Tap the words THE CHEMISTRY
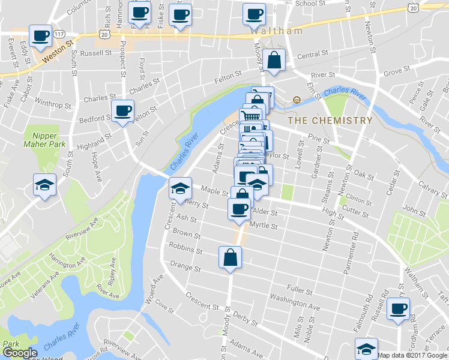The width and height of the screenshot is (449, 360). pos(330,121)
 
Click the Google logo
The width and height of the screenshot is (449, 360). pos(19,353)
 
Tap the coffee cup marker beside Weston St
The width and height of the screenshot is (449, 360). pos(41,37)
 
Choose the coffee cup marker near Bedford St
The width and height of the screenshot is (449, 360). pos(123,110)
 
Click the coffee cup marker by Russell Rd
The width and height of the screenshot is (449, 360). pos(399,309)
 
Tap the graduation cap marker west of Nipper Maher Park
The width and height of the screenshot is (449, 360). pos(44,185)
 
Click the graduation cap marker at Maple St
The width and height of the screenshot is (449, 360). pos(179,189)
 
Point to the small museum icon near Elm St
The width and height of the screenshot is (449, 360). pos(296,100)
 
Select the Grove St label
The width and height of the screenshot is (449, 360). pos(396,71)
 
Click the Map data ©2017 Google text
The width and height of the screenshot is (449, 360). pos(412,355)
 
